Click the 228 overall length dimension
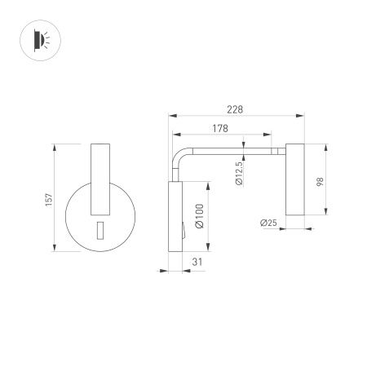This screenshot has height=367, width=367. click(x=234, y=110)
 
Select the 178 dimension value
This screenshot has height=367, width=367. click(x=219, y=128)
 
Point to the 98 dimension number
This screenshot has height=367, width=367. click(x=320, y=183)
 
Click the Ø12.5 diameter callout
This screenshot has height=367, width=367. click(x=238, y=173)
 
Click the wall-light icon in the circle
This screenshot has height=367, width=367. click(x=39, y=39)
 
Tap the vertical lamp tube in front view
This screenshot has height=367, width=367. click(x=99, y=175)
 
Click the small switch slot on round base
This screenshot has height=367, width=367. click(x=99, y=230)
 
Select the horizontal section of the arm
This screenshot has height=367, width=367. click(x=237, y=149)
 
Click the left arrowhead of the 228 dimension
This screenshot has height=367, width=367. click(x=172, y=117)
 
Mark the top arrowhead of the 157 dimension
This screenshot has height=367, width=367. click(x=55, y=147)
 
